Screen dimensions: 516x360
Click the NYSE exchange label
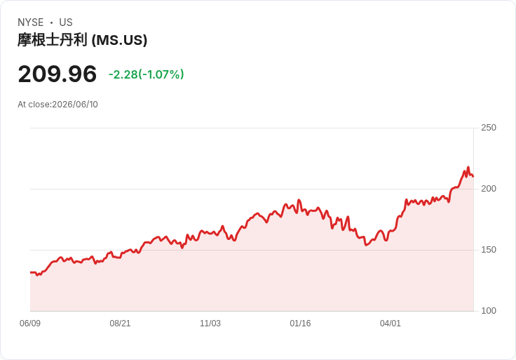point(31,22)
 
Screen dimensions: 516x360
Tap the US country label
point(66,22)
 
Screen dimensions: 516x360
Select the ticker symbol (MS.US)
point(119,40)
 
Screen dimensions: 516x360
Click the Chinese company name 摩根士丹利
point(53,40)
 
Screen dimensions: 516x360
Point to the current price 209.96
point(57,74)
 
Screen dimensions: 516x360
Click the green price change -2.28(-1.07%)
point(146,74)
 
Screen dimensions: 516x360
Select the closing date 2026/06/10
point(75,105)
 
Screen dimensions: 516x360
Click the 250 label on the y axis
point(489,128)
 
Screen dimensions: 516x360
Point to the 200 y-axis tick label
point(489,189)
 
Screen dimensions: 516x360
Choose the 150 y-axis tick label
point(489,250)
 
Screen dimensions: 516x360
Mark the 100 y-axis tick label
point(489,311)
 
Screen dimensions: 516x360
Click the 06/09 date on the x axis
point(30,324)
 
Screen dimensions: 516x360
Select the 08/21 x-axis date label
point(120,324)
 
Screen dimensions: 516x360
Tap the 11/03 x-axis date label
point(210,324)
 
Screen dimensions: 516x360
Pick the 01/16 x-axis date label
point(300,324)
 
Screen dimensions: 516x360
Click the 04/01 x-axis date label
point(391,324)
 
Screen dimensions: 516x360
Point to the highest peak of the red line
point(468,167)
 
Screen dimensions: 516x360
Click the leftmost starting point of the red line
point(31,272)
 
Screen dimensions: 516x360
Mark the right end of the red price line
point(473,177)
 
